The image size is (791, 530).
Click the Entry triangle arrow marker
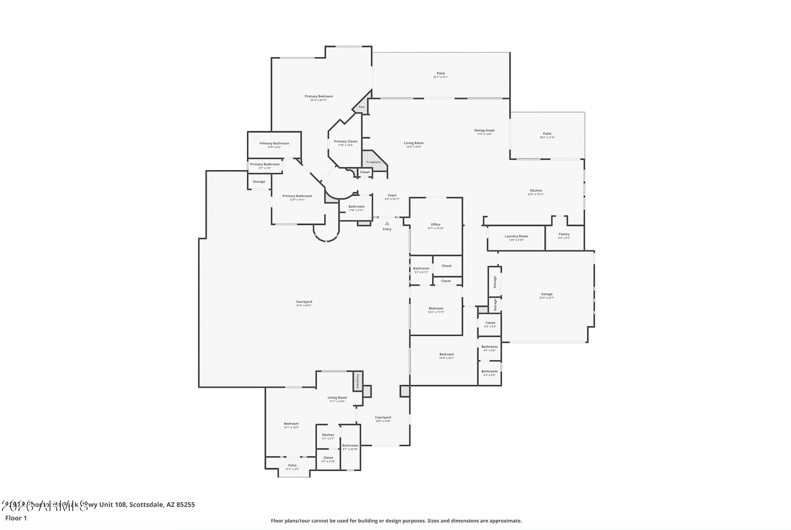click(x=387, y=223)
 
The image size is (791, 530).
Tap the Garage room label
click(x=547, y=294)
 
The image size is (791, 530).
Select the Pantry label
click(x=564, y=234)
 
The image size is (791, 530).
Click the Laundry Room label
click(x=516, y=236)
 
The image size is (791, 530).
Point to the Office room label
click(x=435, y=224)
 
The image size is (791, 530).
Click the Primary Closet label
click(x=345, y=141)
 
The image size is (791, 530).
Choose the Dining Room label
click(x=484, y=130)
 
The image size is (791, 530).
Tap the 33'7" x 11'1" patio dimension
click(x=441, y=77)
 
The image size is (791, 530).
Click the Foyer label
click(x=392, y=195)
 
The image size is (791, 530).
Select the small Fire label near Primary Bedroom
click(x=361, y=107)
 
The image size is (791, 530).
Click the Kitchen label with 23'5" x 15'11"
click(x=536, y=190)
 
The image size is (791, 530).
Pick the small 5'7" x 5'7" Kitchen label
click(x=328, y=435)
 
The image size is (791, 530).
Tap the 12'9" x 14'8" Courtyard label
click(x=383, y=417)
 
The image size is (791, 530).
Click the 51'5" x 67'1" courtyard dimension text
click(x=304, y=306)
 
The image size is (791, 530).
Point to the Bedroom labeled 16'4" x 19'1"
click(x=446, y=354)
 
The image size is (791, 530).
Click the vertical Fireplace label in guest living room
click(x=358, y=381)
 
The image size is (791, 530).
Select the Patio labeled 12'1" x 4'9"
click(x=292, y=465)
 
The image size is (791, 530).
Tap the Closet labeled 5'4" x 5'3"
click(x=490, y=323)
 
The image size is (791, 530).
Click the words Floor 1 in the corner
click(x=16, y=518)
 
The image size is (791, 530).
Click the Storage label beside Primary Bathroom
click(x=259, y=181)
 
